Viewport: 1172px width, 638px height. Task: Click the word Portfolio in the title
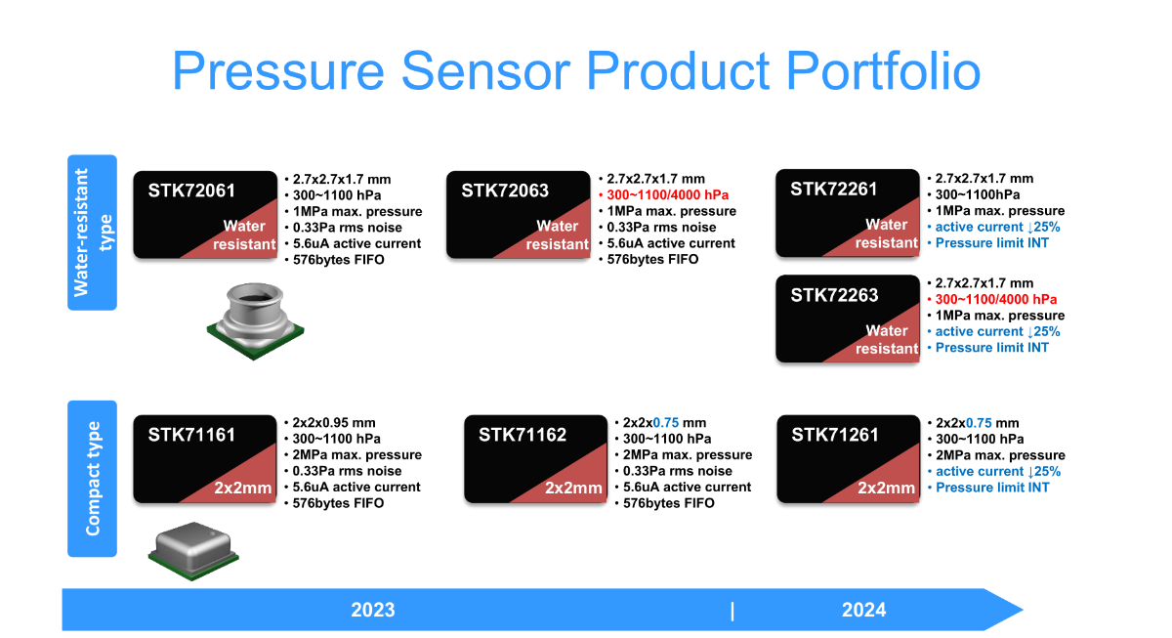(x=883, y=71)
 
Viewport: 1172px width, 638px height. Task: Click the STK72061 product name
(x=191, y=191)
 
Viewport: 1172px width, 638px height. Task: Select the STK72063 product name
(x=505, y=191)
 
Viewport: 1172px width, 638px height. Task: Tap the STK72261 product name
(x=833, y=189)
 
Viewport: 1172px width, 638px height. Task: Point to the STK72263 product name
(x=834, y=295)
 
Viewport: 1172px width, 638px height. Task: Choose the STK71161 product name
(x=191, y=435)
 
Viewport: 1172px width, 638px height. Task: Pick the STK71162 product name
(x=523, y=435)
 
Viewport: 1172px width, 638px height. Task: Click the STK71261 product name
(x=834, y=435)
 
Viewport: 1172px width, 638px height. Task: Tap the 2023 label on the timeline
(x=372, y=610)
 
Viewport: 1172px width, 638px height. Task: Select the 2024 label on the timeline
(x=863, y=610)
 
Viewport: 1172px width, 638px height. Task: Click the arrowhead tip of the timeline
(x=1023, y=610)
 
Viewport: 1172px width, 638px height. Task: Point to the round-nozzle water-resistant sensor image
(x=255, y=321)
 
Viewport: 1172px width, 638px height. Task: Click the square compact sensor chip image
(x=193, y=551)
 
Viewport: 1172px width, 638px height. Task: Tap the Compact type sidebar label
(x=93, y=479)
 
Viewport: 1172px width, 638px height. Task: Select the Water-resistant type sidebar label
(x=93, y=233)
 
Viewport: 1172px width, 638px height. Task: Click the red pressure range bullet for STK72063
(x=663, y=195)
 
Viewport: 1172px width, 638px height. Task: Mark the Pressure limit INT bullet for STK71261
(x=988, y=488)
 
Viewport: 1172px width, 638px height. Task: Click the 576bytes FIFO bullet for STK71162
(x=665, y=503)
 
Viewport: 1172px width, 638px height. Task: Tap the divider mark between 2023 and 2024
(x=732, y=612)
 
